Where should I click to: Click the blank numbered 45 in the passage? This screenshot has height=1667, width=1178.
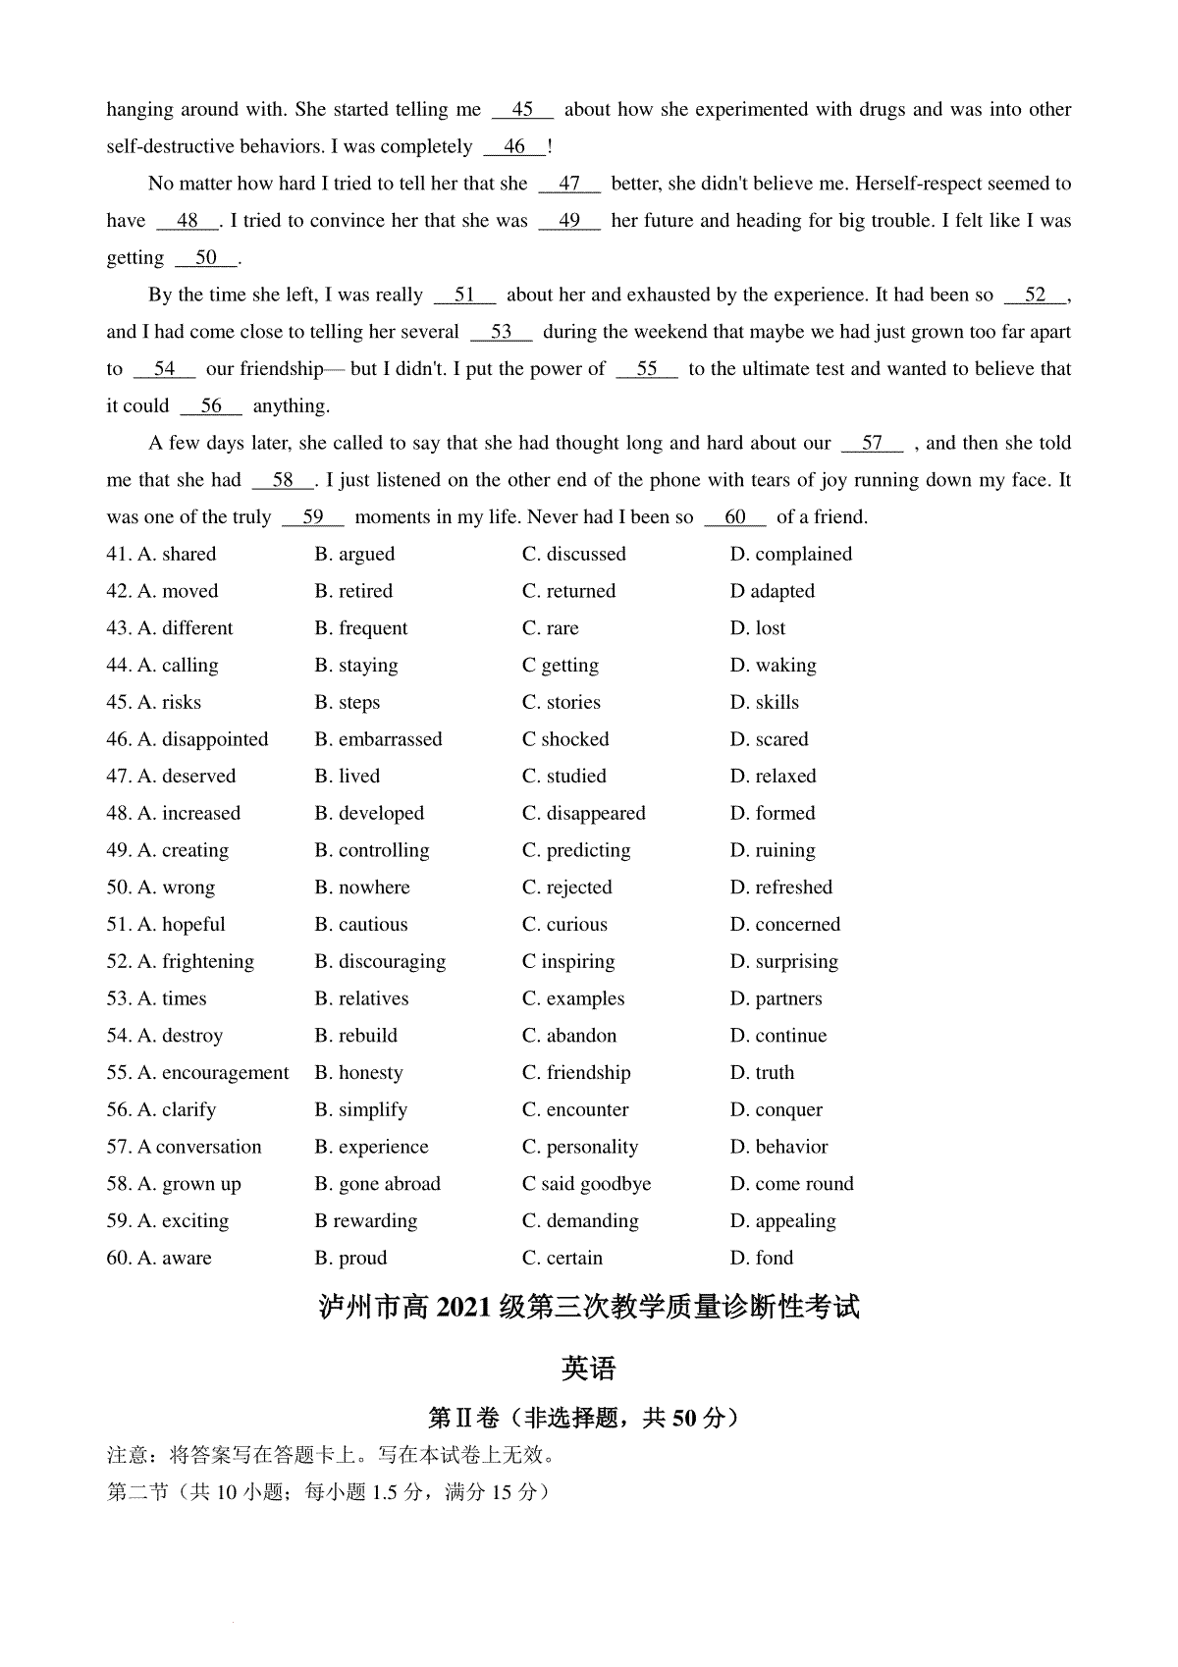522,110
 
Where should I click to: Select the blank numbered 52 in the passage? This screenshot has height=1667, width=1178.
1035,296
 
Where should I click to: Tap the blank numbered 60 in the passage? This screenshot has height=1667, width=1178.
734,517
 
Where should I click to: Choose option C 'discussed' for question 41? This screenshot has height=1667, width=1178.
574,555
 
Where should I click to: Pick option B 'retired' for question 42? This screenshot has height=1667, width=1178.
353,591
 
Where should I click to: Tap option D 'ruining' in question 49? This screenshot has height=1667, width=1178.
773,850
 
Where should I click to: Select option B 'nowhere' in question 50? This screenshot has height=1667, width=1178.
362,887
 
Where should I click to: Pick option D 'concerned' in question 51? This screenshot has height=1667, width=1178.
785,925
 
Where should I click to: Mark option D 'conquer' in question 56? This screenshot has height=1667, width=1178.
776,1110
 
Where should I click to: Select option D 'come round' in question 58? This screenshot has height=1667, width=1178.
792,1184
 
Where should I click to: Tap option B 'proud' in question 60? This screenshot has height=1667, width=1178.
350,1259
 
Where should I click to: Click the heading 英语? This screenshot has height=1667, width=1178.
589,1368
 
